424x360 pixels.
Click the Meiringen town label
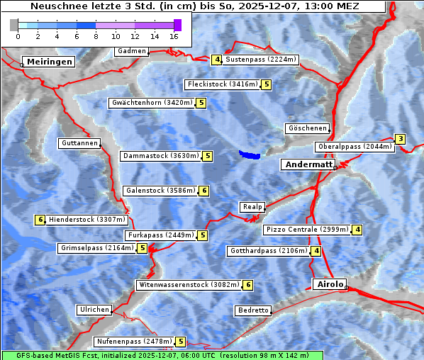point(48,62)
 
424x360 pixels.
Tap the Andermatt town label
point(308,164)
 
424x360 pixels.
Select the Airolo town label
point(330,284)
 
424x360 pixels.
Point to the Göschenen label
point(308,128)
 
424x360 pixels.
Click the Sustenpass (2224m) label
point(261,60)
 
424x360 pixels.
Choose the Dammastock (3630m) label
point(160,156)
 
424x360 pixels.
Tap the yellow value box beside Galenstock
point(204,191)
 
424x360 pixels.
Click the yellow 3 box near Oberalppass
point(401,139)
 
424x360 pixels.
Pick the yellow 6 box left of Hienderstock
point(40,220)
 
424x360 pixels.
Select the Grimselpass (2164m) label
point(96,248)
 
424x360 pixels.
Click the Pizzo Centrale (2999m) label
point(308,230)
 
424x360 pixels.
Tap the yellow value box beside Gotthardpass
point(316,251)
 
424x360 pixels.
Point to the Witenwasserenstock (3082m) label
point(189,285)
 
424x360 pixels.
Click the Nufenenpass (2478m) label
point(134,342)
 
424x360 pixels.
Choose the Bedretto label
point(253,310)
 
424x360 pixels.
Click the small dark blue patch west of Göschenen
point(250,154)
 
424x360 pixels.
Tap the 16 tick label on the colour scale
point(174,36)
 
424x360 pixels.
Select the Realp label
point(252,207)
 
